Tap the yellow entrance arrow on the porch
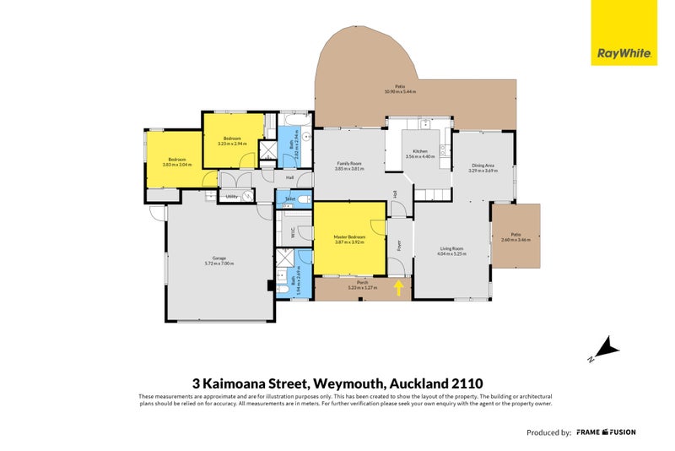coord(399,288)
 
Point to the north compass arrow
coord(605,347)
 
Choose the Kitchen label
coord(419,155)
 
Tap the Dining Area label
coord(483,168)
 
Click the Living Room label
coord(451,251)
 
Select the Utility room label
coord(230,197)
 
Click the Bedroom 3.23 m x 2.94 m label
coord(232,140)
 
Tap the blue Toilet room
coord(289,199)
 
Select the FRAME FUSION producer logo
coord(606,432)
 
